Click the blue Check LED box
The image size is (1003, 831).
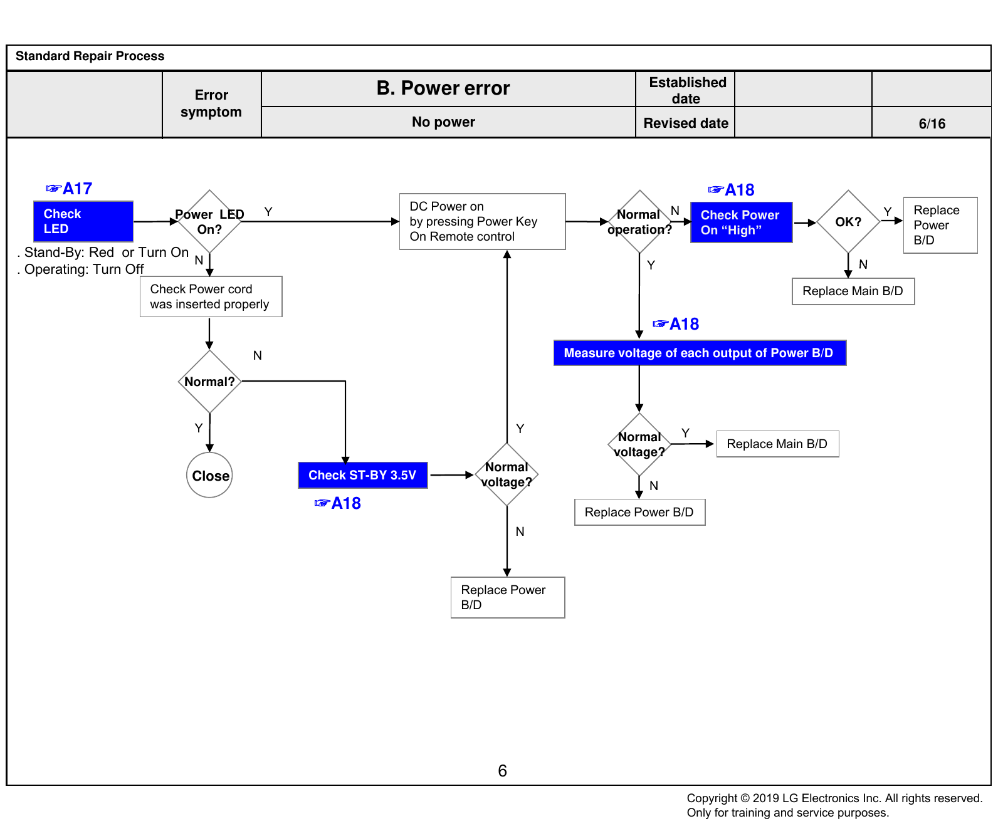tap(83, 221)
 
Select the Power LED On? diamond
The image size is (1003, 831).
tap(209, 221)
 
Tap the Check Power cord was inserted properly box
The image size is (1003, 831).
tap(211, 296)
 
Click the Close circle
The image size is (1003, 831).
tap(209, 475)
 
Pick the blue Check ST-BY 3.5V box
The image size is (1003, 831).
tap(363, 475)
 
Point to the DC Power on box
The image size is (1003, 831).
tap(483, 221)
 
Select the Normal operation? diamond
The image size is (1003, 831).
tap(639, 222)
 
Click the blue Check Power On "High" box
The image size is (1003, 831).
tap(742, 222)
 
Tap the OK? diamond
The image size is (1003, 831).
tap(848, 222)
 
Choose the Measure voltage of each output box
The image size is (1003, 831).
tap(700, 353)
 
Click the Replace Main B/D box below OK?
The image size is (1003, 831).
tap(853, 291)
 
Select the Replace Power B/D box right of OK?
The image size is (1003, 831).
tap(940, 225)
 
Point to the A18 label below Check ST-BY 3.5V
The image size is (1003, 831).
tap(337, 503)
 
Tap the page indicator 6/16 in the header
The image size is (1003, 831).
tap(932, 123)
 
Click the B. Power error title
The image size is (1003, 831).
tap(443, 88)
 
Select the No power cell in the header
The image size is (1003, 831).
tap(443, 122)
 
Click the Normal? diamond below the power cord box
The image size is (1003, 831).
tap(209, 381)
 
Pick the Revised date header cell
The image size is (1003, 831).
tap(686, 123)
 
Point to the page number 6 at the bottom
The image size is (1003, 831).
tap(502, 771)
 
